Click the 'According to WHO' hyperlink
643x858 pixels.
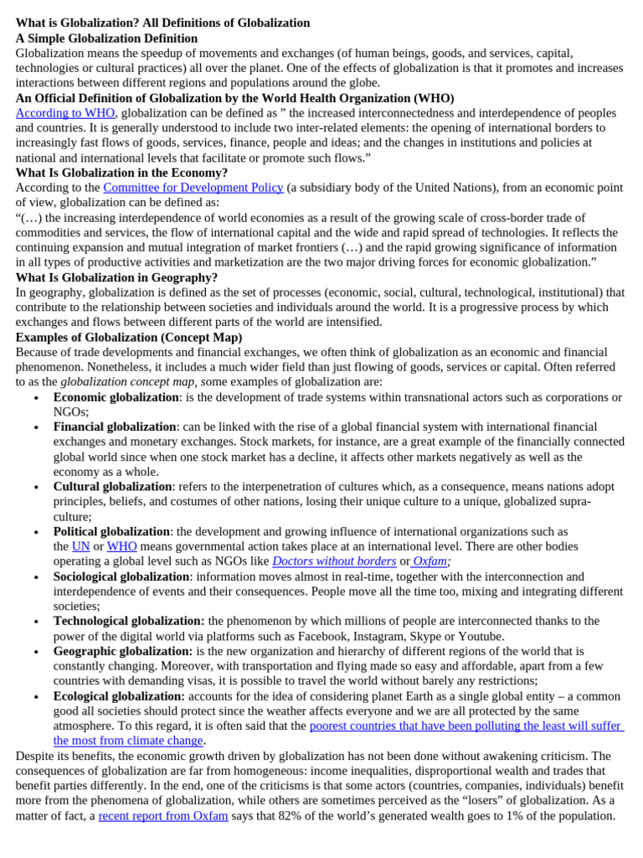pos(65,113)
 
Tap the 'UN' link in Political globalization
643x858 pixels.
pos(80,546)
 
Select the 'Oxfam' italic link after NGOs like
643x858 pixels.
pos(430,561)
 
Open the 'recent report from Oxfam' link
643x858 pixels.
pos(162,816)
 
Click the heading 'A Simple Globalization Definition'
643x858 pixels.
pos(106,39)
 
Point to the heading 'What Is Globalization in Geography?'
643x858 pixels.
pos(116,277)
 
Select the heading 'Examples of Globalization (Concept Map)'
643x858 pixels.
pos(129,338)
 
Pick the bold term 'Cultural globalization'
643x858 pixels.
pos(112,487)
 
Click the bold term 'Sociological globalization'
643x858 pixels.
pos(121,576)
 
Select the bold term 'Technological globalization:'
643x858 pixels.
pos(129,621)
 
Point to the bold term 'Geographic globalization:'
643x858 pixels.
pos(123,651)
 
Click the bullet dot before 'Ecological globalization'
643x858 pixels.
pos(36,697)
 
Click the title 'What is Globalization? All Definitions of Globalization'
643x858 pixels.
pos(162,23)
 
